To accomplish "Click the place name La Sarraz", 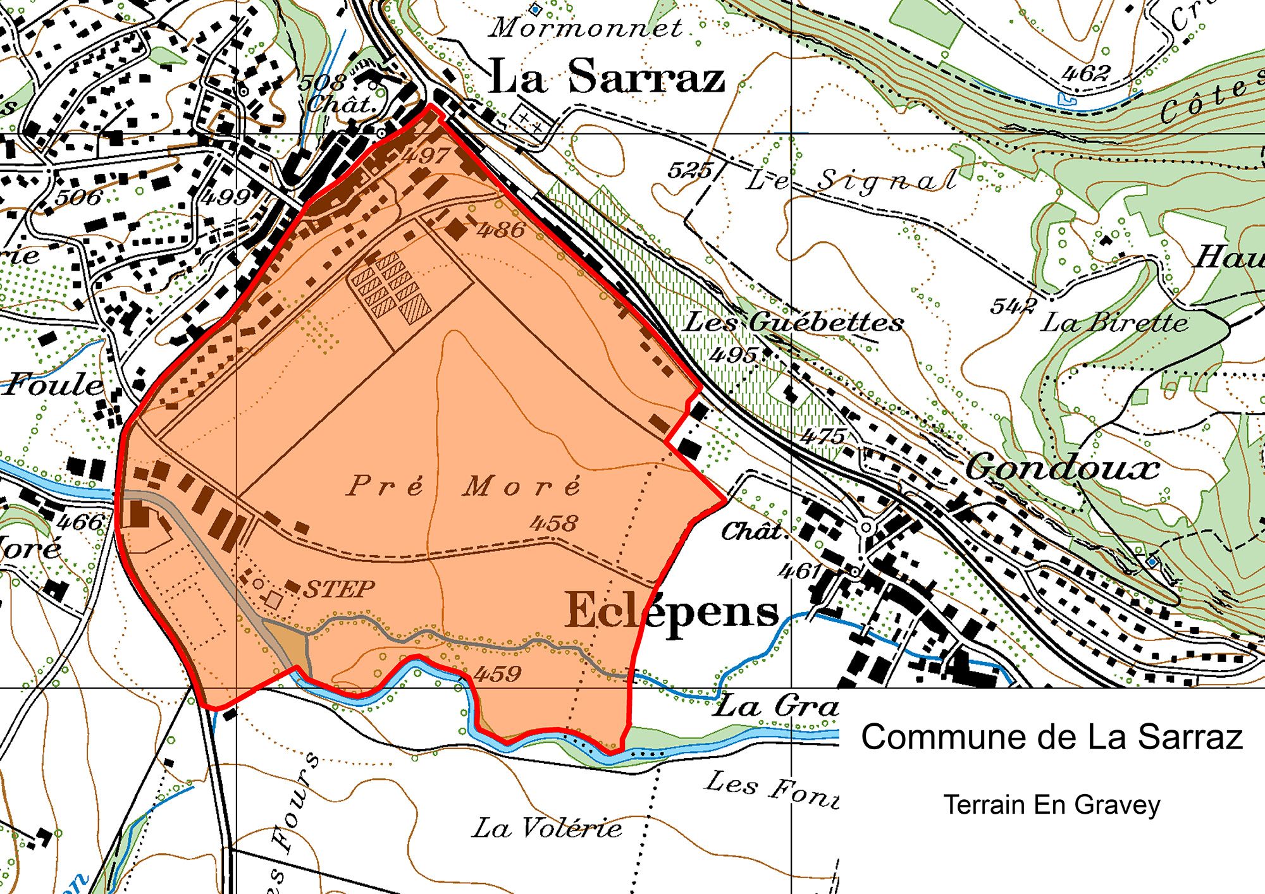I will (606, 77).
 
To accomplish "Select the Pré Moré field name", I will (463, 486).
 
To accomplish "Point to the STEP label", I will (339, 589).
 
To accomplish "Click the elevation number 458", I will (553, 523).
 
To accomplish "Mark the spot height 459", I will (497, 674).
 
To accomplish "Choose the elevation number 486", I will (501, 230).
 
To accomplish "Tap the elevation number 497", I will (427, 155).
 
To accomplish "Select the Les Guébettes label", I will (794, 323).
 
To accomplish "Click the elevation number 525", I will (689, 170).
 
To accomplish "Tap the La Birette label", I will (1114, 323).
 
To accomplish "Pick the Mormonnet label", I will (586, 28).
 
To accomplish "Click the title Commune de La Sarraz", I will (1051, 737).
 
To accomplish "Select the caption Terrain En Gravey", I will (1051, 805).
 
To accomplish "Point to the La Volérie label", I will (547, 828).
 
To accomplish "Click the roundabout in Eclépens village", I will (867, 527).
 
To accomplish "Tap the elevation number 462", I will (1085, 73).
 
